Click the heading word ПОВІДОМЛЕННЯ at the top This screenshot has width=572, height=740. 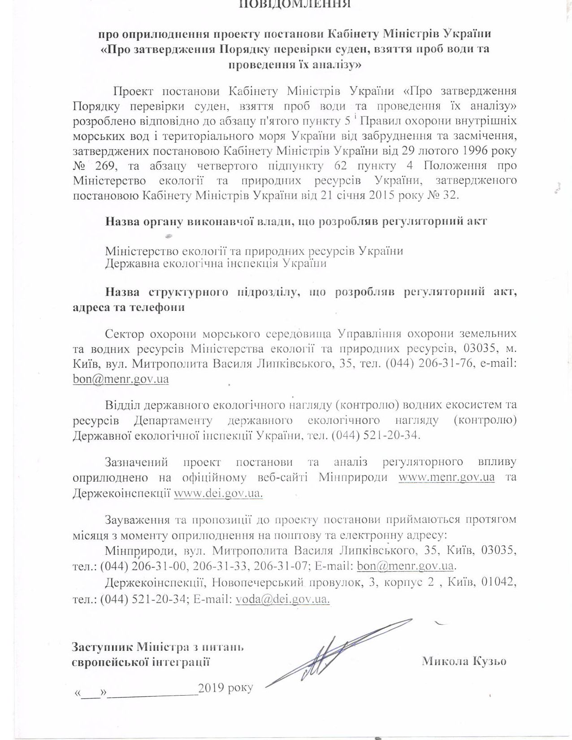295,4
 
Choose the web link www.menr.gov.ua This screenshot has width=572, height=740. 446,476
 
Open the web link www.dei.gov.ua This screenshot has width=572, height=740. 218,492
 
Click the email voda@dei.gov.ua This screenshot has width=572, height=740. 283,599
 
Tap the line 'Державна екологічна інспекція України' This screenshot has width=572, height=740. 216,263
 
